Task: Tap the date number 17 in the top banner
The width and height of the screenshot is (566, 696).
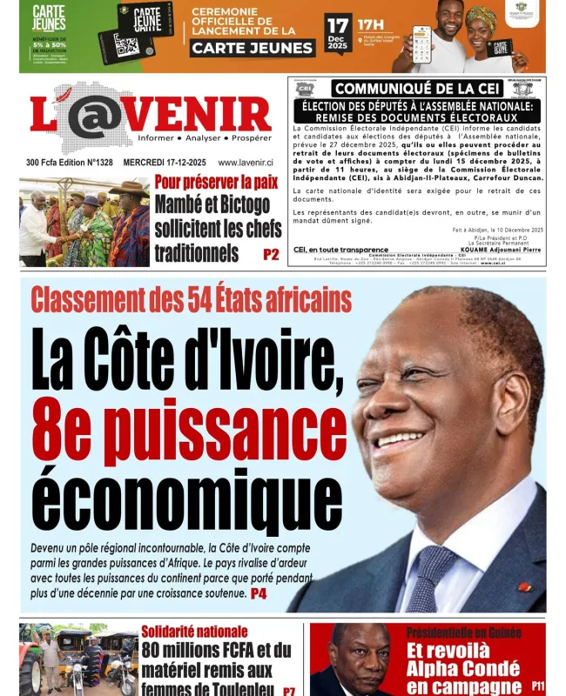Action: [338, 24]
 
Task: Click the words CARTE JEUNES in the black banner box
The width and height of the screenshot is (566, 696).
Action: [240, 48]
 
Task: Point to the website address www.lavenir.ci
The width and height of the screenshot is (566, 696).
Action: [246, 162]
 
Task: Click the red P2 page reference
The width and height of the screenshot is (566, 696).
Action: [270, 254]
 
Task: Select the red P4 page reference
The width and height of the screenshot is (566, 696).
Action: [259, 593]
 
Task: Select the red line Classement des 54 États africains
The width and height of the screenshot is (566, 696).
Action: [192, 300]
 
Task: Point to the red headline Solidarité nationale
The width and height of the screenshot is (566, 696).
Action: [194, 631]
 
